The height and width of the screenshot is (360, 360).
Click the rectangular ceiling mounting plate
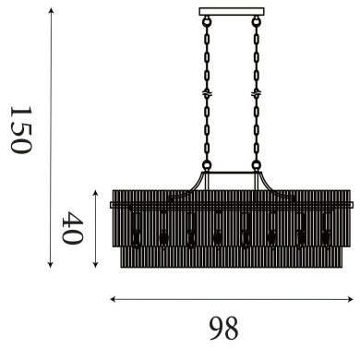click(231, 11)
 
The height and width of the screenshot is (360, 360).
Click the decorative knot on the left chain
click(207, 94)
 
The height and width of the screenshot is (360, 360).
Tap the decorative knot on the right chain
click(254, 94)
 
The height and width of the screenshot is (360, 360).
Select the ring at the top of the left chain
click(207, 19)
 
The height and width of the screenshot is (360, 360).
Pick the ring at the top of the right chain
click(254, 19)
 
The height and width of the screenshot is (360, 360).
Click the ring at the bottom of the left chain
click(207, 167)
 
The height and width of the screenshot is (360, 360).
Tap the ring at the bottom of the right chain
click(254, 167)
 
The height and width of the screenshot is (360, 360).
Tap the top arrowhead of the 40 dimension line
click(96, 191)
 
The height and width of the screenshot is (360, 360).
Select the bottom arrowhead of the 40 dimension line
click(96, 269)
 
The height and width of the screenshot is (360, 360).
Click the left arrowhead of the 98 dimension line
click(112, 299)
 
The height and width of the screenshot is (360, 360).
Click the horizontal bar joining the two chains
click(231, 173)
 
